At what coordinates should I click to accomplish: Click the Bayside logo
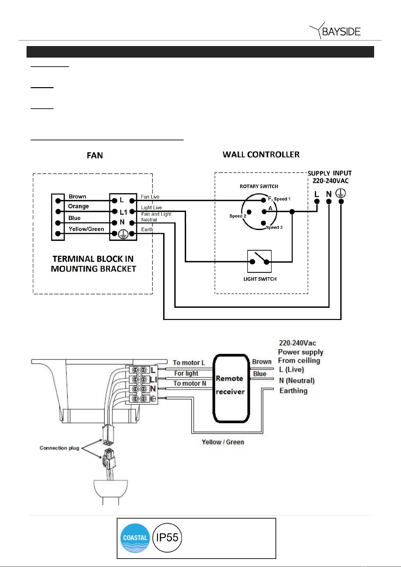pyautogui.click(x=335, y=31)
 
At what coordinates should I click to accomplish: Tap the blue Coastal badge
pyautogui.click(x=135, y=538)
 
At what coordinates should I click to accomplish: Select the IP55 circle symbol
pyautogui.click(x=167, y=538)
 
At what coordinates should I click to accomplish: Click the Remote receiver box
pyautogui.click(x=231, y=388)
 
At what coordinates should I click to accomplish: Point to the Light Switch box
pyautogui.click(x=259, y=261)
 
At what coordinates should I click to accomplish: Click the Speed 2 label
pyautogui.click(x=238, y=216)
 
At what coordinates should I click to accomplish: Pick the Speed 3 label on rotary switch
pyautogui.click(x=274, y=227)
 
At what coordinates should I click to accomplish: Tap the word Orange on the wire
pyautogui.click(x=78, y=206)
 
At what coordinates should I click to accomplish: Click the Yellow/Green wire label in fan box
pyautogui.click(x=86, y=229)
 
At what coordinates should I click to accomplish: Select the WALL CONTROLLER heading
pyautogui.click(x=261, y=154)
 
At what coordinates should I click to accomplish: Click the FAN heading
pyautogui.click(x=95, y=155)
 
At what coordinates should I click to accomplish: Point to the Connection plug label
pyautogui.click(x=60, y=448)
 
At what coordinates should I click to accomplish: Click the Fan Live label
pyautogui.click(x=150, y=197)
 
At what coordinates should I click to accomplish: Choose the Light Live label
pyautogui.click(x=151, y=208)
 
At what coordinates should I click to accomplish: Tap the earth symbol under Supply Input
pyautogui.click(x=340, y=193)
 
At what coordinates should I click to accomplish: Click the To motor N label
pyautogui.click(x=190, y=383)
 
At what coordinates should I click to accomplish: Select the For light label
pyautogui.click(x=186, y=373)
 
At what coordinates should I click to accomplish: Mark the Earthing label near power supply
pyautogui.click(x=293, y=391)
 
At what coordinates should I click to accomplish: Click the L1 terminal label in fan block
pyautogui.click(x=123, y=212)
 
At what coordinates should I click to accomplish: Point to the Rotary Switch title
pyautogui.click(x=259, y=186)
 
